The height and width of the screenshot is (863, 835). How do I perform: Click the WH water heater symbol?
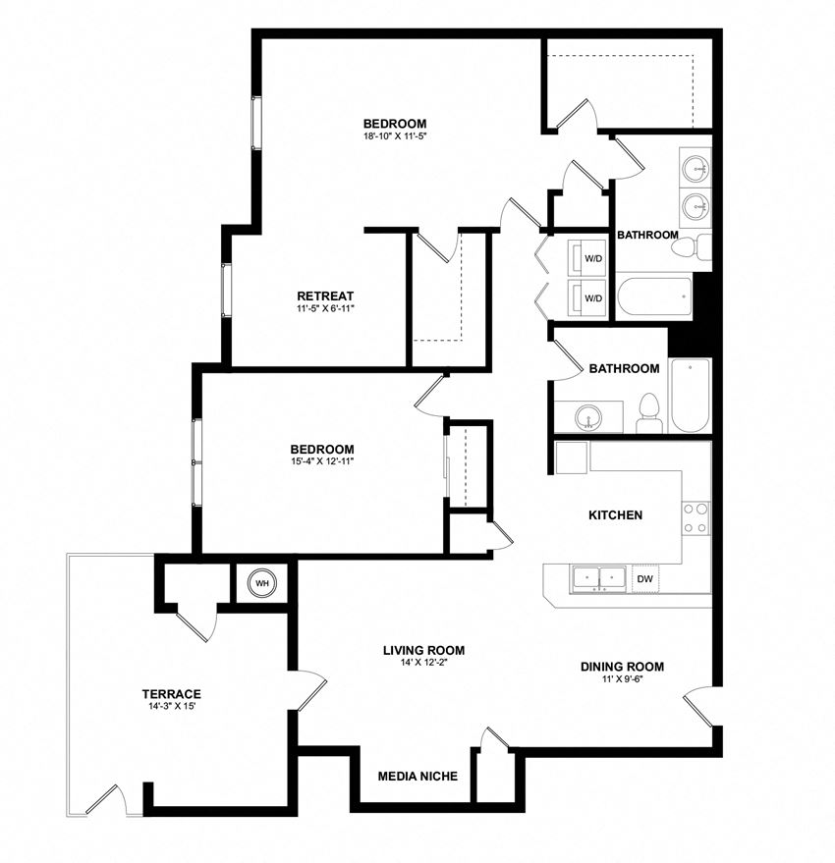pyautogui.click(x=262, y=583)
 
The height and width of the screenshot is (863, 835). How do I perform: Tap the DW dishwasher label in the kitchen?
pyautogui.click(x=644, y=579)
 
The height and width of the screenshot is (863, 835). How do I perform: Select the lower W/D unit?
pyautogui.click(x=593, y=297)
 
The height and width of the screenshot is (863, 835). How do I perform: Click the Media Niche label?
pyautogui.click(x=417, y=777)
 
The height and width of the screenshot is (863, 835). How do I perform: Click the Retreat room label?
pyautogui.click(x=324, y=296)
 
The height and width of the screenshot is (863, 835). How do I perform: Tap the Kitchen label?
pyautogui.click(x=615, y=514)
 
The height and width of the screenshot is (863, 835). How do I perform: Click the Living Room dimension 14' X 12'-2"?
pyautogui.click(x=423, y=663)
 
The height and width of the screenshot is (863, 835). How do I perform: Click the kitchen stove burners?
pyautogui.click(x=696, y=517)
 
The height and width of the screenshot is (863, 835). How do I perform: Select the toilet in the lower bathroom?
pyautogui.click(x=648, y=412)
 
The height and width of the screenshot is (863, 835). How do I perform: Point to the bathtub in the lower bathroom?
pyautogui.click(x=690, y=395)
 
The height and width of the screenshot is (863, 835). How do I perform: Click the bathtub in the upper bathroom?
pyautogui.click(x=653, y=297)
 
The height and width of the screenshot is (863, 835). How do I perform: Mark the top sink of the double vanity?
pyautogui.click(x=696, y=168)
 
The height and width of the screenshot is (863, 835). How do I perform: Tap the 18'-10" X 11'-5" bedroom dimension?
pyautogui.click(x=394, y=135)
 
